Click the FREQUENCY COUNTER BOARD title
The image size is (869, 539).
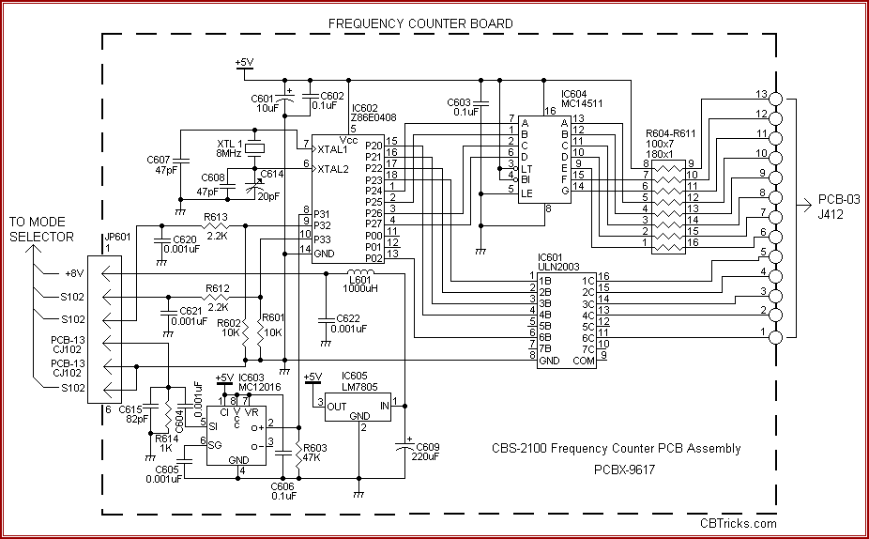click(x=420, y=23)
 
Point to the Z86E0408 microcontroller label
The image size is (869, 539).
click(x=375, y=118)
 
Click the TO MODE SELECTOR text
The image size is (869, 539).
click(x=41, y=229)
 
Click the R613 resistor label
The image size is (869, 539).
click(x=215, y=217)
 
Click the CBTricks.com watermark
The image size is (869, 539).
click(x=739, y=524)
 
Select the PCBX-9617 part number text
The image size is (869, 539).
click(x=624, y=469)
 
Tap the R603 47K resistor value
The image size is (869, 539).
click(x=313, y=457)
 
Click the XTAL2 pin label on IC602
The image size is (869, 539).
click(x=332, y=169)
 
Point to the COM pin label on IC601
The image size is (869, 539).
click(x=583, y=361)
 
